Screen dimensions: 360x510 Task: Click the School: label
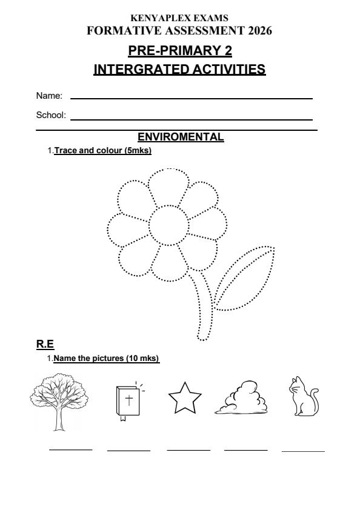pos(52,115)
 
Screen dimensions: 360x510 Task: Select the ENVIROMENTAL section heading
pos(181,137)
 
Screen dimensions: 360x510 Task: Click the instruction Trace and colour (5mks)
pos(102,150)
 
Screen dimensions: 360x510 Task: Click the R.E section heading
pos(45,345)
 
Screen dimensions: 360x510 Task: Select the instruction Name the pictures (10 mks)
pos(106,359)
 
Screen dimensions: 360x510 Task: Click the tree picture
pos(59,400)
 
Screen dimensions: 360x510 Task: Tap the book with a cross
pos(127,400)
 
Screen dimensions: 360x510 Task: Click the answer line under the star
pos(188,450)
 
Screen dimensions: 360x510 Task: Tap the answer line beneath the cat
pos(303,451)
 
